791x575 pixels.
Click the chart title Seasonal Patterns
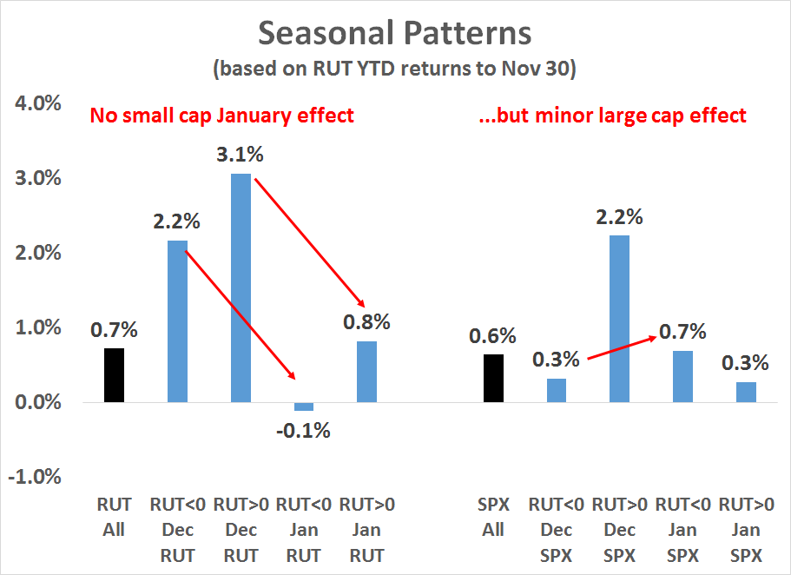395,34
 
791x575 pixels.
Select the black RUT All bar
115,374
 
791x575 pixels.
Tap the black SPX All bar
492,378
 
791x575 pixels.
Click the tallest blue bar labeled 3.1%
241,287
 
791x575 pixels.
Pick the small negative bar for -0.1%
303,406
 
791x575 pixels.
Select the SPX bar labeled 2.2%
619,318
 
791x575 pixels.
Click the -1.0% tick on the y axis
35,478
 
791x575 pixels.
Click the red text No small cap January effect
222,116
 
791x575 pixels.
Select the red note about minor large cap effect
612,116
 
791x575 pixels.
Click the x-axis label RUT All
115,517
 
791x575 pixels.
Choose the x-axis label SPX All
492,517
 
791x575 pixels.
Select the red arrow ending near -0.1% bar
244,314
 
